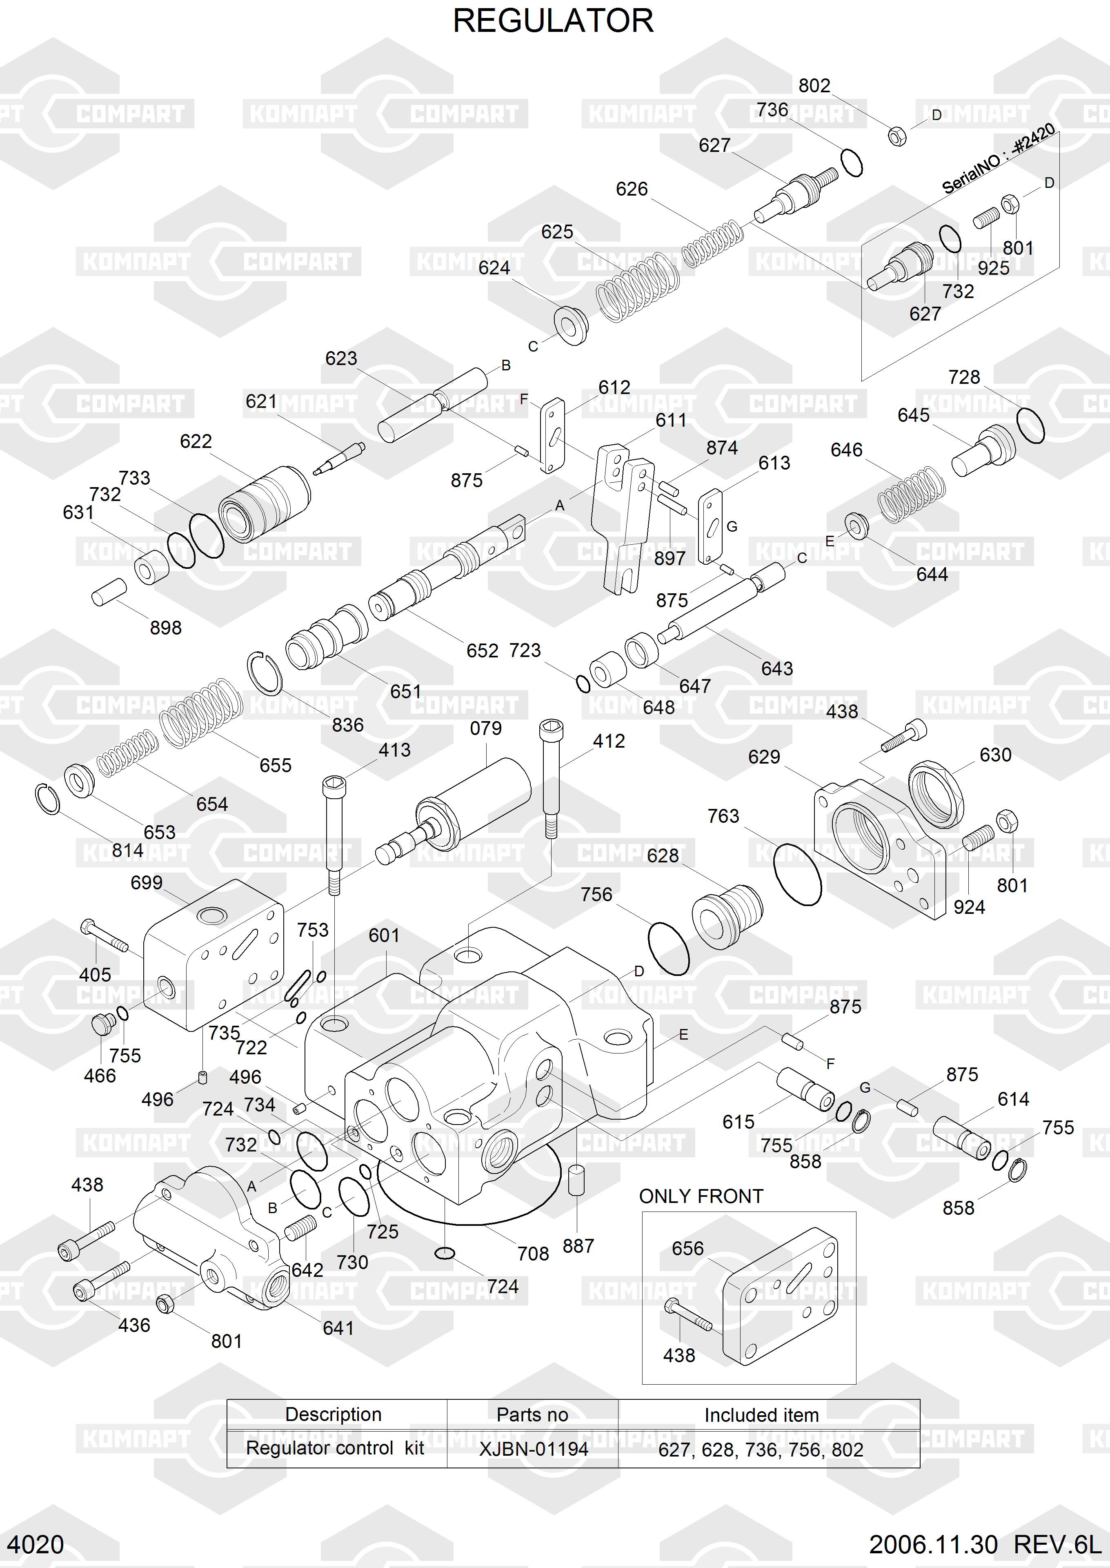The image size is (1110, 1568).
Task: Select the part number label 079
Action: pos(485,728)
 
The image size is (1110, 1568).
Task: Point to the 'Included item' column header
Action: pos(761,1415)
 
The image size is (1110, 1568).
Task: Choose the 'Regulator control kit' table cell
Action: pos(335,1448)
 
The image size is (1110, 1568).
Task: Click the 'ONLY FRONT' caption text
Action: pos(701,1196)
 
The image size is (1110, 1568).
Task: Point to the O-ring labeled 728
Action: pos(1030,425)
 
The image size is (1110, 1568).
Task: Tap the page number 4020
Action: pos(36,1545)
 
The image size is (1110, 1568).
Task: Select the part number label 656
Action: pos(687,1249)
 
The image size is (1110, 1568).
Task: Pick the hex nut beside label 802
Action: pos(897,136)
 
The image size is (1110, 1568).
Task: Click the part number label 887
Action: pos(578,1246)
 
